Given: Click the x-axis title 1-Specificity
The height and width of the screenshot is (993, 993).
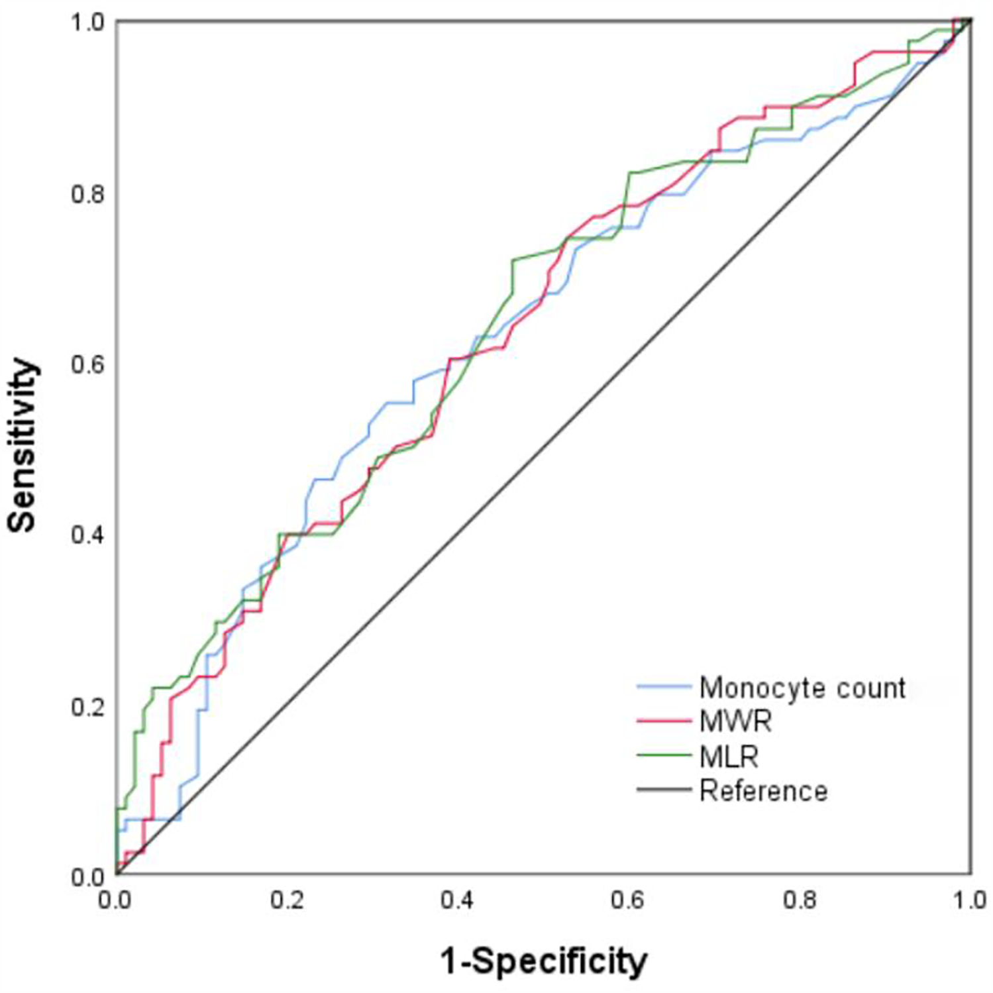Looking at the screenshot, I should pos(543,961).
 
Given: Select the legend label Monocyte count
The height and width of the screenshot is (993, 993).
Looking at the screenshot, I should pos(802,688).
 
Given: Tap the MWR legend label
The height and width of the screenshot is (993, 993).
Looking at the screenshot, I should pos(735,721).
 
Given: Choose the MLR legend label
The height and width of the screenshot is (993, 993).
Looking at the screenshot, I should pos(729,756).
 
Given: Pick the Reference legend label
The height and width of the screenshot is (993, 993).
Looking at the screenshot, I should pos(763,791).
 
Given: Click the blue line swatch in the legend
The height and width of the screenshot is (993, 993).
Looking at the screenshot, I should pos(663,687).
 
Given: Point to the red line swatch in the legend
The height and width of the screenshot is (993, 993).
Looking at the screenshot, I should pos(663,721).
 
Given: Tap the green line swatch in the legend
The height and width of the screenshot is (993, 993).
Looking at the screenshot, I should pos(663,755).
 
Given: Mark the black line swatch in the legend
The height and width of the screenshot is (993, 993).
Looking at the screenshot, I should pos(663,790).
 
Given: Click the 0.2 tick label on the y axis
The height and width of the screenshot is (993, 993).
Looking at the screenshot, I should pos(87,707).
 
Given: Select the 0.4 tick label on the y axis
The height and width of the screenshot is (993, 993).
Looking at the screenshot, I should pos(87,535).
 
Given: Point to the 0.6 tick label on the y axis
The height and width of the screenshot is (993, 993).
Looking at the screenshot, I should pos(87,364).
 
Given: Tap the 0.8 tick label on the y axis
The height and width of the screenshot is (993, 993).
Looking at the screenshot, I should pos(87,194).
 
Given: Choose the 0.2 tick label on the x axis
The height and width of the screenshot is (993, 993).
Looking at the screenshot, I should pos(287,901).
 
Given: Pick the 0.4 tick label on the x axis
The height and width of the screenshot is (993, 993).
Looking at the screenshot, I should pos(458,901).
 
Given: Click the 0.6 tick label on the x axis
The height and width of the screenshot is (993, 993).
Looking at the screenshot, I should pos(629,901).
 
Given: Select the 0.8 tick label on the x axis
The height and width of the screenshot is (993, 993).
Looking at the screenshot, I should pos(800,901).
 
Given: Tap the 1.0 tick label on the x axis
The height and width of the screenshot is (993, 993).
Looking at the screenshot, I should pos(970,901).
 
